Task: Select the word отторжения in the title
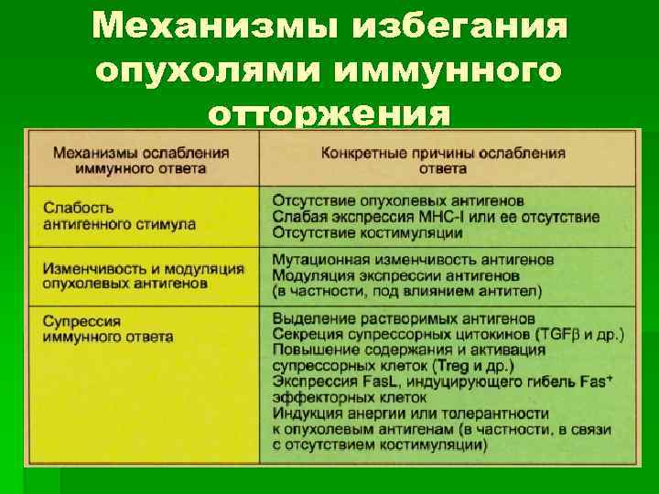[x=329, y=114]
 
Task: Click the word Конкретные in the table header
[x=361, y=153]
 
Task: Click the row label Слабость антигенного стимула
[x=118, y=216]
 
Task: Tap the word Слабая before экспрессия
[x=295, y=217]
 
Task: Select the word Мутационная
[x=315, y=260]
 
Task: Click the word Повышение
[x=310, y=350]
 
